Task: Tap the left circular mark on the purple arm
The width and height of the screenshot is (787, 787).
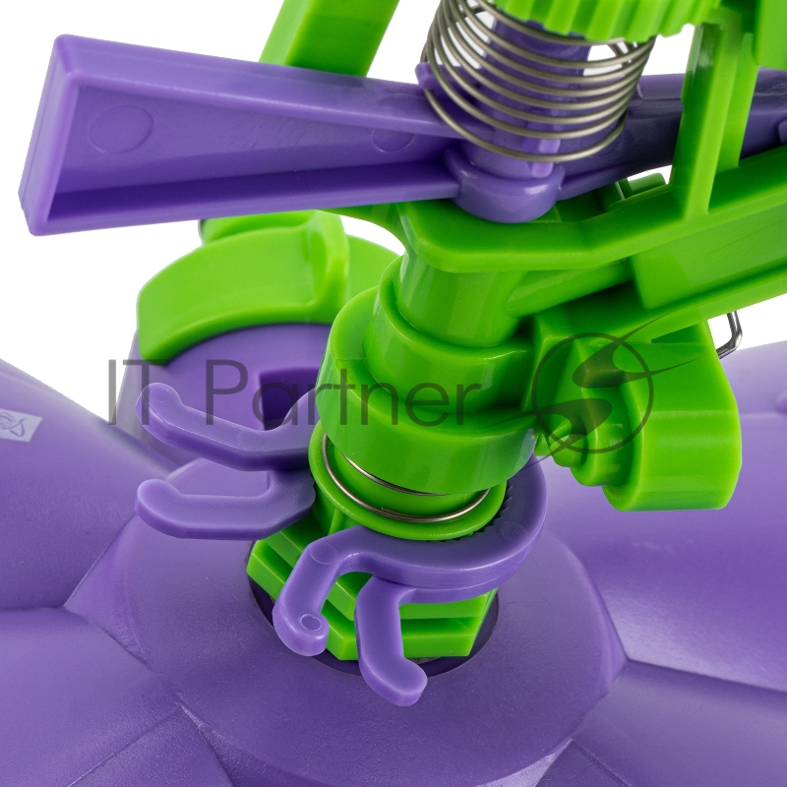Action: coord(121,129)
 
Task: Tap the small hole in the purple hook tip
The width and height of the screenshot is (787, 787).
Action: coord(312,624)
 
